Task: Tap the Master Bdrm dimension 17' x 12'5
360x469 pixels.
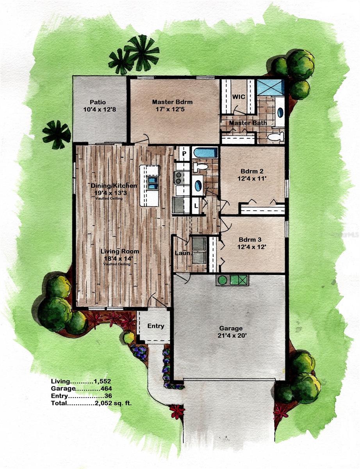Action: click(x=172, y=109)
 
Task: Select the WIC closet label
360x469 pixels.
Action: click(x=239, y=96)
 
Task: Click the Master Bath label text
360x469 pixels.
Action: click(x=248, y=123)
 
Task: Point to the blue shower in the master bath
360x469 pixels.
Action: click(x=270, y=87)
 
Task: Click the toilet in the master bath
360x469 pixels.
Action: click(x=276, y=136)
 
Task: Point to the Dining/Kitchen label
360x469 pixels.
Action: click(x=114, y=186)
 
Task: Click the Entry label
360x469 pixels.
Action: click(x=156, y=326)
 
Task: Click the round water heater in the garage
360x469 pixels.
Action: click(x=223, y=280)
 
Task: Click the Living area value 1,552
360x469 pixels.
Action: click(x=103, y=381)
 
